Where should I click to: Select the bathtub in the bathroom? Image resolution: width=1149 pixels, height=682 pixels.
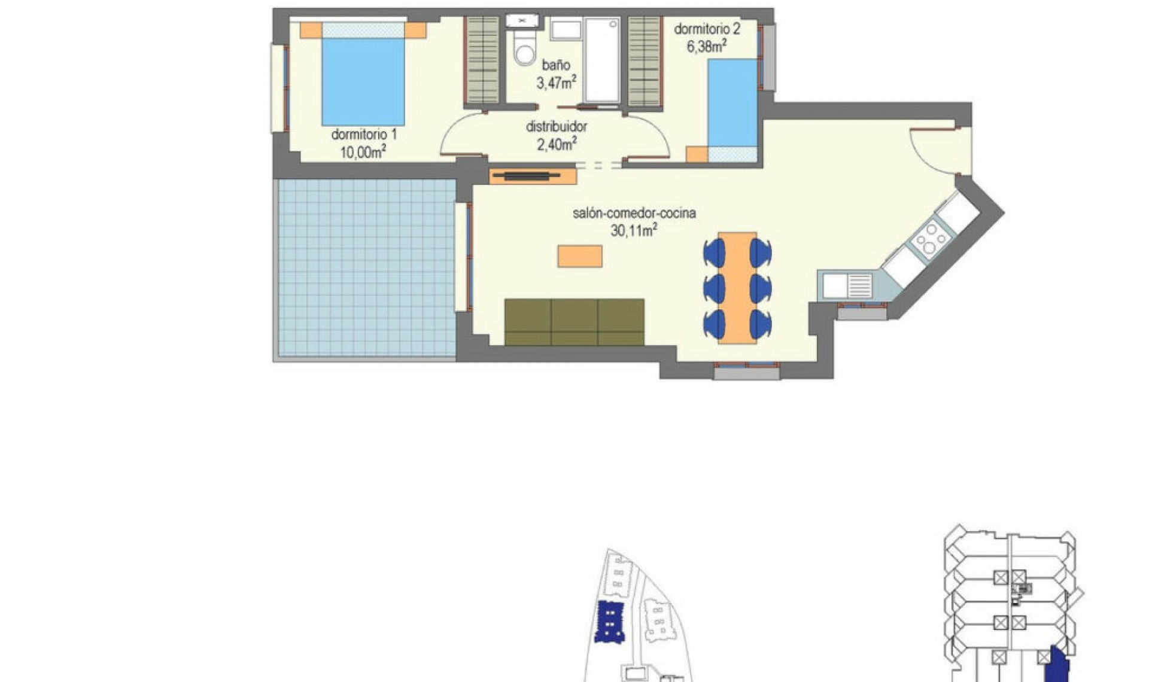[601, 60]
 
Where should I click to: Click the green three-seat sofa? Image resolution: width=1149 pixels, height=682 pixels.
[574, 322]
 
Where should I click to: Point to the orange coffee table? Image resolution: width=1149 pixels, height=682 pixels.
[580, 256]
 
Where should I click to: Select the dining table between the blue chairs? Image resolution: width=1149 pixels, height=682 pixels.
[737, 288]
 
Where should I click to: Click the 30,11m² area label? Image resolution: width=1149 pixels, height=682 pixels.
[634, 230]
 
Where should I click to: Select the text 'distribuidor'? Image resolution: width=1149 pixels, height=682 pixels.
[556, 127]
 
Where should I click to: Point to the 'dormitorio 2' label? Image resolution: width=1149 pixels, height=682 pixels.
[707, 29]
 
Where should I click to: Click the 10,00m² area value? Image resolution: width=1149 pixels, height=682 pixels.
[363, 153]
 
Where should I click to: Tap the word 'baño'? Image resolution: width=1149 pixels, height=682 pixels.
[556, 65]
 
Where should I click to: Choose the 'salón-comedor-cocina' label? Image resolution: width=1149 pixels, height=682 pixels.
[634, 213]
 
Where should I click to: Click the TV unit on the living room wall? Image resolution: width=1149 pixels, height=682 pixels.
[532, 176]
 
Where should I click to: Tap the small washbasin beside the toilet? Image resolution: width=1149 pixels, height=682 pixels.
[522, 20]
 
